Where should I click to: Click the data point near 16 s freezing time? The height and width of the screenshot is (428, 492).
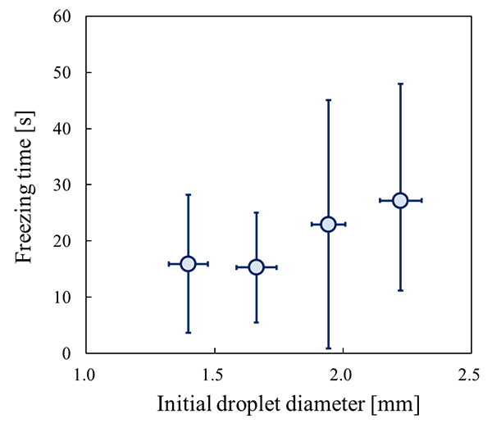point(189,264)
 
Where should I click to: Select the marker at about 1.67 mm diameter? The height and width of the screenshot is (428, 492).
point(257,267)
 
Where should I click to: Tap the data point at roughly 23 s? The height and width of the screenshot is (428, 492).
point(328,225)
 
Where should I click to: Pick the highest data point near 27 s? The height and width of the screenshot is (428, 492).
point(400,201)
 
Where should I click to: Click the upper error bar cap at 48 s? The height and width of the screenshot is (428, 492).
point(400,84)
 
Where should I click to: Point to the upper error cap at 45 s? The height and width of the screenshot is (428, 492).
point(328,100)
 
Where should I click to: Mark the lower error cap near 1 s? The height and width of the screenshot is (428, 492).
point(328,348)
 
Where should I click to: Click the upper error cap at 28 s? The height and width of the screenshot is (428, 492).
point(189,195)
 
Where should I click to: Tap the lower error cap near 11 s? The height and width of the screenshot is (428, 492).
point(400,290)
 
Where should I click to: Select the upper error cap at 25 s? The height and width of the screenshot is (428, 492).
point(257,212)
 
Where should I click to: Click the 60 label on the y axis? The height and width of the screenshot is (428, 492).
point(62,16)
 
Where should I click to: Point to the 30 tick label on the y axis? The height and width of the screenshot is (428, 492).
point(62,184)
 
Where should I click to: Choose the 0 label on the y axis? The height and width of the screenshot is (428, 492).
point(66,353)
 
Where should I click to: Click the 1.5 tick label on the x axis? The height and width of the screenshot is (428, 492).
point(215,375)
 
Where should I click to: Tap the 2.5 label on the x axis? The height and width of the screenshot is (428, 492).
point(469,375)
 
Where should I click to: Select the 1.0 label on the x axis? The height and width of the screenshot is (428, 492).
point(84,375)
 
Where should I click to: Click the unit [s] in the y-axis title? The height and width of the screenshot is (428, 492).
point(25,121)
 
